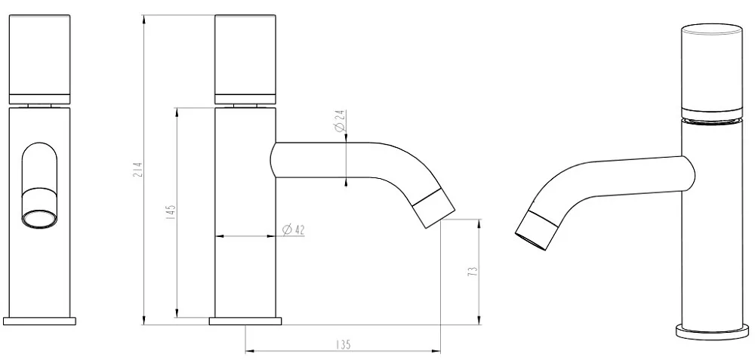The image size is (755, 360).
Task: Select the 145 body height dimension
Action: coord(171,212)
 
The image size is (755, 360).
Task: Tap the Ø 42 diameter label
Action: coord(293,230)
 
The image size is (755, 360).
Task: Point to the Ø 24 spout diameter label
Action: coord(339,121)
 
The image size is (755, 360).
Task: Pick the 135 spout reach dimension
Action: coord(342,345)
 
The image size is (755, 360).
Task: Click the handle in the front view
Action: coord(39,59)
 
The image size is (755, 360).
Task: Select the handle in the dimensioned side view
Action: coord(245,59)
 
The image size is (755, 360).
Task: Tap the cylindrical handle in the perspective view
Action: coord(711,71)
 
